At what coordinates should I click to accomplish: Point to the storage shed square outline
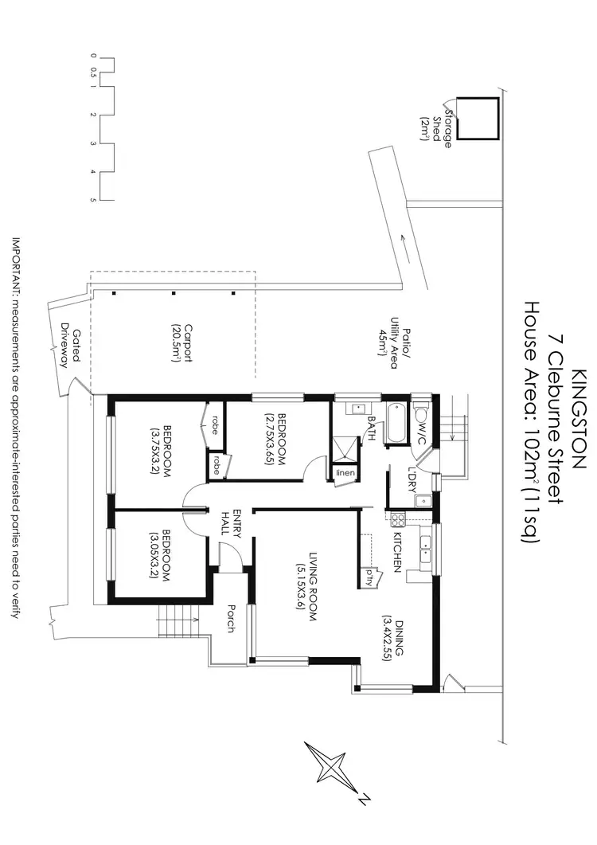tap(481, 119)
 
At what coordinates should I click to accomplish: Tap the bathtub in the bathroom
tap(396, 422)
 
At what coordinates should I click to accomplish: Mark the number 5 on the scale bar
tap(94, 199)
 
